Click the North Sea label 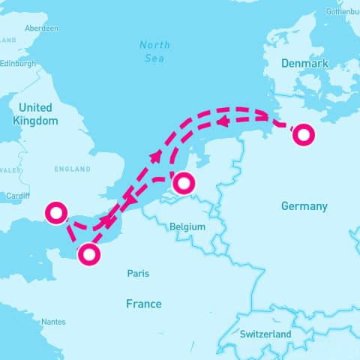click(x=155, y=51)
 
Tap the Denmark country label click(x=304, y=64)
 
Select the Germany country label click(x=304, y=205)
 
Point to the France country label click(x=143, y=304)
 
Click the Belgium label click(x=187, y=226)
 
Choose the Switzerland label click(x=265, y=333)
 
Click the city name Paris click(x=138, y=274)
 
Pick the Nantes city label click(x=53, y=322)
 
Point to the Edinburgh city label click(x=18, y=64)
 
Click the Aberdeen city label click(x=41, y=28)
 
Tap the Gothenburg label click(x=342, y=12)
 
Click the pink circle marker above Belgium click(x=183, y=183)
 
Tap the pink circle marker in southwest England click(x=55, y=213)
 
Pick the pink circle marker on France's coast click(x=89, y=255)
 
